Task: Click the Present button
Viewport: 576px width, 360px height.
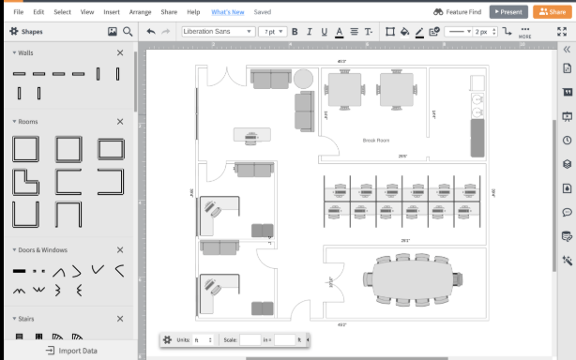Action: [508, 12]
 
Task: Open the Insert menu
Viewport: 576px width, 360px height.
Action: [112, 12]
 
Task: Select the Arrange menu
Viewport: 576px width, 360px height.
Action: [140, 12]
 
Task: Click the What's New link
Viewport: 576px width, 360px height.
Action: [229, 12]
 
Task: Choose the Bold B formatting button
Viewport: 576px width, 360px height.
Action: [295, 31]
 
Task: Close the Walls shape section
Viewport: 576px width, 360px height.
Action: [120, 52]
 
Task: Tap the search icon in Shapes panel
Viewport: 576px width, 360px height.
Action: [128, 31]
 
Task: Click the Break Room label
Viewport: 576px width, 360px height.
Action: [375, 141]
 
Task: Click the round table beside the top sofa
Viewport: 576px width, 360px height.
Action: [303, 78]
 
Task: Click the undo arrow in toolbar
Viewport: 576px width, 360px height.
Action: [151, 31]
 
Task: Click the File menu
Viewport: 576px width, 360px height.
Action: [18, 12]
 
